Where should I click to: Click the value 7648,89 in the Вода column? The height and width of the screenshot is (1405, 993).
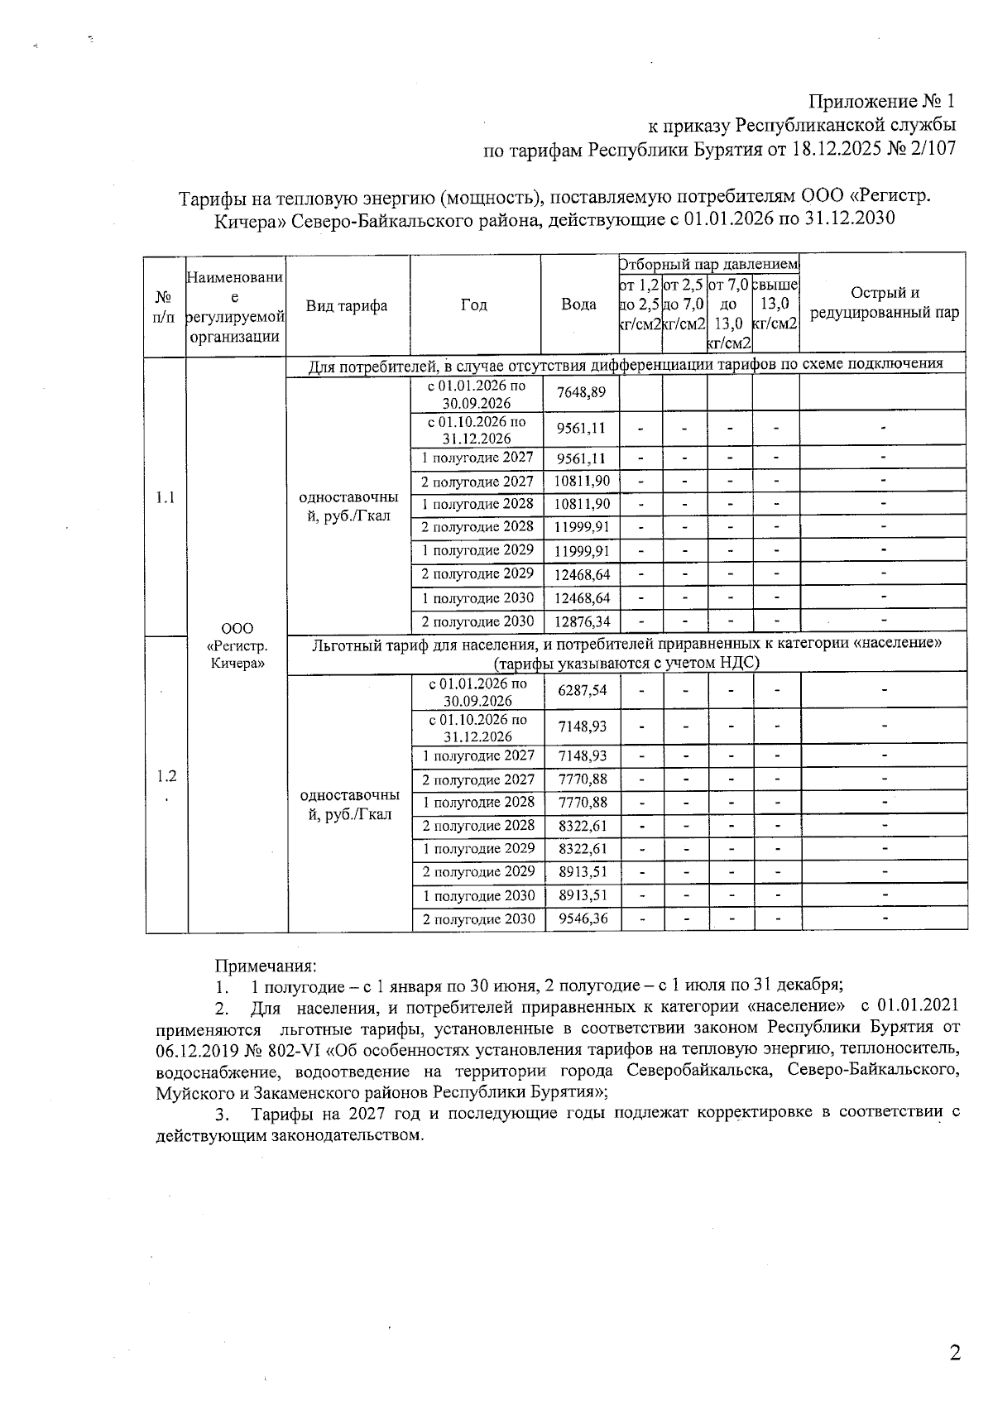coord(581,392)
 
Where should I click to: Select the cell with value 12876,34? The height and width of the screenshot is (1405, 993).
coord(582,621)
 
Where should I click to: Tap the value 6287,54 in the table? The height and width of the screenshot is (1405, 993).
coord(583,689)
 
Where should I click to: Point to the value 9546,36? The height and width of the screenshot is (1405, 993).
coord(583,918)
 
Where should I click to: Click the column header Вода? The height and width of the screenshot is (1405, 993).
coord(579,304)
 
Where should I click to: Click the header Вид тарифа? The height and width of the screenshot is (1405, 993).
coord(347,305)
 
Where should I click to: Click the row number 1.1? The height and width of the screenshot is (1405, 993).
coord(165,497)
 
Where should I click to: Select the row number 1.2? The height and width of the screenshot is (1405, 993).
coord(166,776)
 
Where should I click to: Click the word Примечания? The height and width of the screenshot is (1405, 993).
coord(266,965)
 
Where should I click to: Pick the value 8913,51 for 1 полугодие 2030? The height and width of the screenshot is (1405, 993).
coord(583,895)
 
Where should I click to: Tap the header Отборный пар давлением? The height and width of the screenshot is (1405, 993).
coord(709,264)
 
